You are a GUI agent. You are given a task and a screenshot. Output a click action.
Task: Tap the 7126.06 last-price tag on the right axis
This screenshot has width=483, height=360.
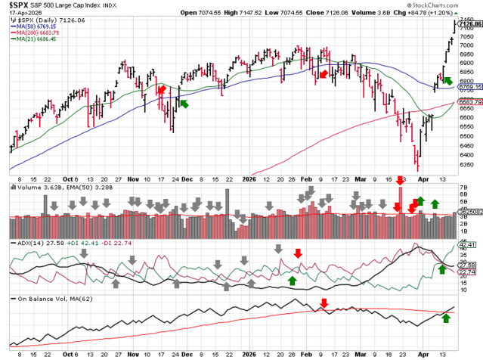coord(469,24)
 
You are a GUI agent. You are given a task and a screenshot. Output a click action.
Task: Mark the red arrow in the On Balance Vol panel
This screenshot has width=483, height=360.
coord(324,304)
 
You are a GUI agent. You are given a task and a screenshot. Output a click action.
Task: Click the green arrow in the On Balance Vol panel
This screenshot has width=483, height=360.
coord(445,318)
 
